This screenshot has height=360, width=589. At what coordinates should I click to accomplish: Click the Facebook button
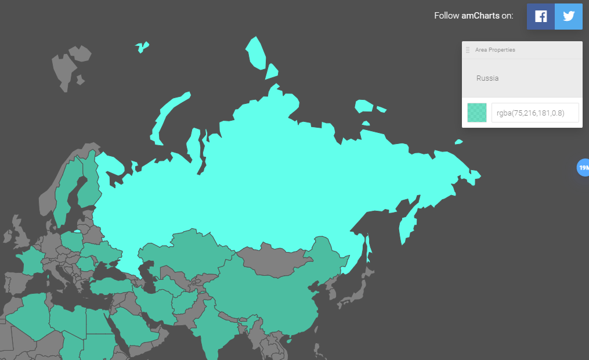click(x=540, y=16)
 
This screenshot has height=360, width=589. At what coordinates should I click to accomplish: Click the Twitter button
click(x=568, y=16)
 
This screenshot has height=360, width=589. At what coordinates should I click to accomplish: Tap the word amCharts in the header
click(x=480, y=16)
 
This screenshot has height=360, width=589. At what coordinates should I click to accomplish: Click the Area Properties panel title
click(x=495, y=50)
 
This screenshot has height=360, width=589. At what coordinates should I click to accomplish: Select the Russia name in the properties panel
click(x=487, y=78)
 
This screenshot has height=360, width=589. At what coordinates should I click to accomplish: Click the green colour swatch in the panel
click(x=477, y=113)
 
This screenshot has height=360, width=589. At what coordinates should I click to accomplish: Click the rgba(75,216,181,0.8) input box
click(x=535, y=113)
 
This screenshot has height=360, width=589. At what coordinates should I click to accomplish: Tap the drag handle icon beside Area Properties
click(x=468, y=50)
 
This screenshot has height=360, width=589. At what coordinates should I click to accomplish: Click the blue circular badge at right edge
click(x=583, y=168)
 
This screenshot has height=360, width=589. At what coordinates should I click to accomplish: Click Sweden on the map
click(x=67, y=186)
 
